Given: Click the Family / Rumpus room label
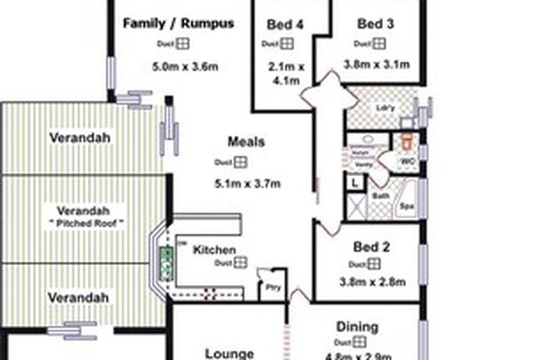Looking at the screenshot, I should click(x=178, y=24).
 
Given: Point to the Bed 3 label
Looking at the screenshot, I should click(x=376, y=24).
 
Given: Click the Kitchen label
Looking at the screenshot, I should click(x=214, y=250).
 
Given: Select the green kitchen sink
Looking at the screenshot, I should click(x=167, y=263).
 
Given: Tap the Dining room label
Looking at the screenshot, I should click(x=358, y=327).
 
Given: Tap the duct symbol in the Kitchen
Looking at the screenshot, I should click(x=241, y=263).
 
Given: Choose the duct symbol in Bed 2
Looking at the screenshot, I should click(x=374, y=264).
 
